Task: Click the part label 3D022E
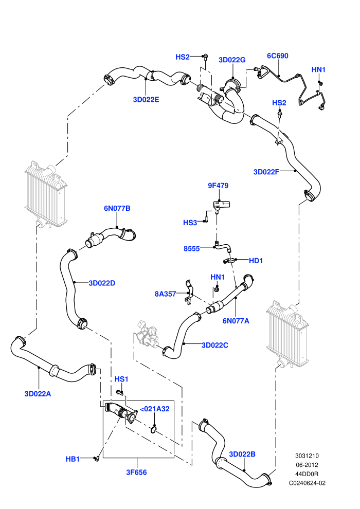pyautogui.click(x=146, y=100)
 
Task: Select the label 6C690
pyautogui.click(x=278, y=56)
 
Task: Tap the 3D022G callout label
pyautogui.click(x=232, y=60)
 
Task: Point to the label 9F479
pyautogui.click(x=218, y=186)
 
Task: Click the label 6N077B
pyautogui.click(x=117, y=208)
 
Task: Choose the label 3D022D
pyautogui.click(x=102, y=283)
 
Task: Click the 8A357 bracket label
pyautogui.click(x=165, y=294)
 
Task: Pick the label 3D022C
pyautogui.click(x=215, y=345)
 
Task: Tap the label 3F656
pyautogui.click(x=136, y=472)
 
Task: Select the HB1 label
pyautogui.click(x=73, y=459)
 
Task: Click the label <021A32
pyautogui.click(x=154, y=409)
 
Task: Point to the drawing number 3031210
pyautogui.click(x=307, y=456)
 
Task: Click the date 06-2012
pyautogui.click(x=307, y=465)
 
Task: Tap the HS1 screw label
pyautogui.click(x=121, y=379)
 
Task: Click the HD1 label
pyautogui.click(x=256, y=261)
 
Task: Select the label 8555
pyautogui.click(x=191, y=249)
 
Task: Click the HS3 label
pyautogui.click(x=190, y=223)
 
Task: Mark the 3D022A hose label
pyautogui.click(x=38, y=394)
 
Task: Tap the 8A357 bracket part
pyautogui.click(x=189, y=293)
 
